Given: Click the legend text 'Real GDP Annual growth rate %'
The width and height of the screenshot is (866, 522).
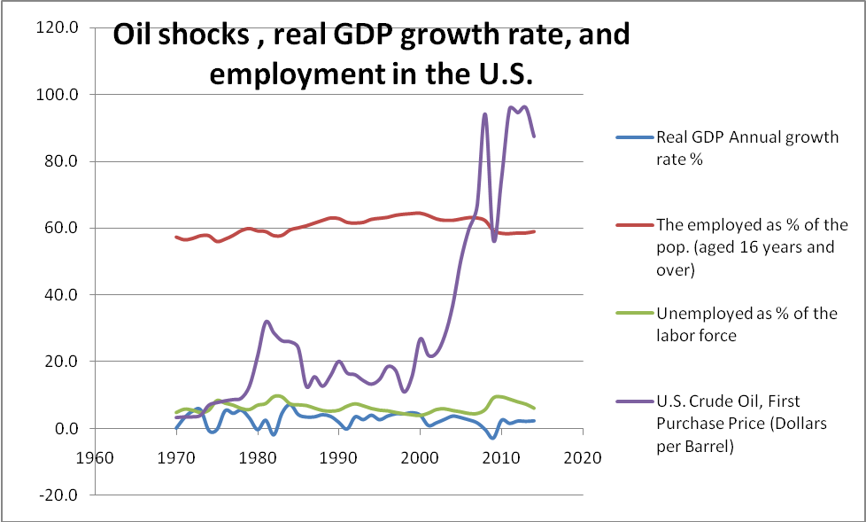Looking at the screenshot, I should point(746,147).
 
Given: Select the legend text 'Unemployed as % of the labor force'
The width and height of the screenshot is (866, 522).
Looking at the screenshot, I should point(746,324).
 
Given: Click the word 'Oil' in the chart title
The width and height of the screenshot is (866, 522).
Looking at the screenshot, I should point(139,37).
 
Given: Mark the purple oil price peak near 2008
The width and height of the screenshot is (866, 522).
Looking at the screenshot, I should point(484,114).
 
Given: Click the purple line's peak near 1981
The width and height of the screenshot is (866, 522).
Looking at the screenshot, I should point(266,321).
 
